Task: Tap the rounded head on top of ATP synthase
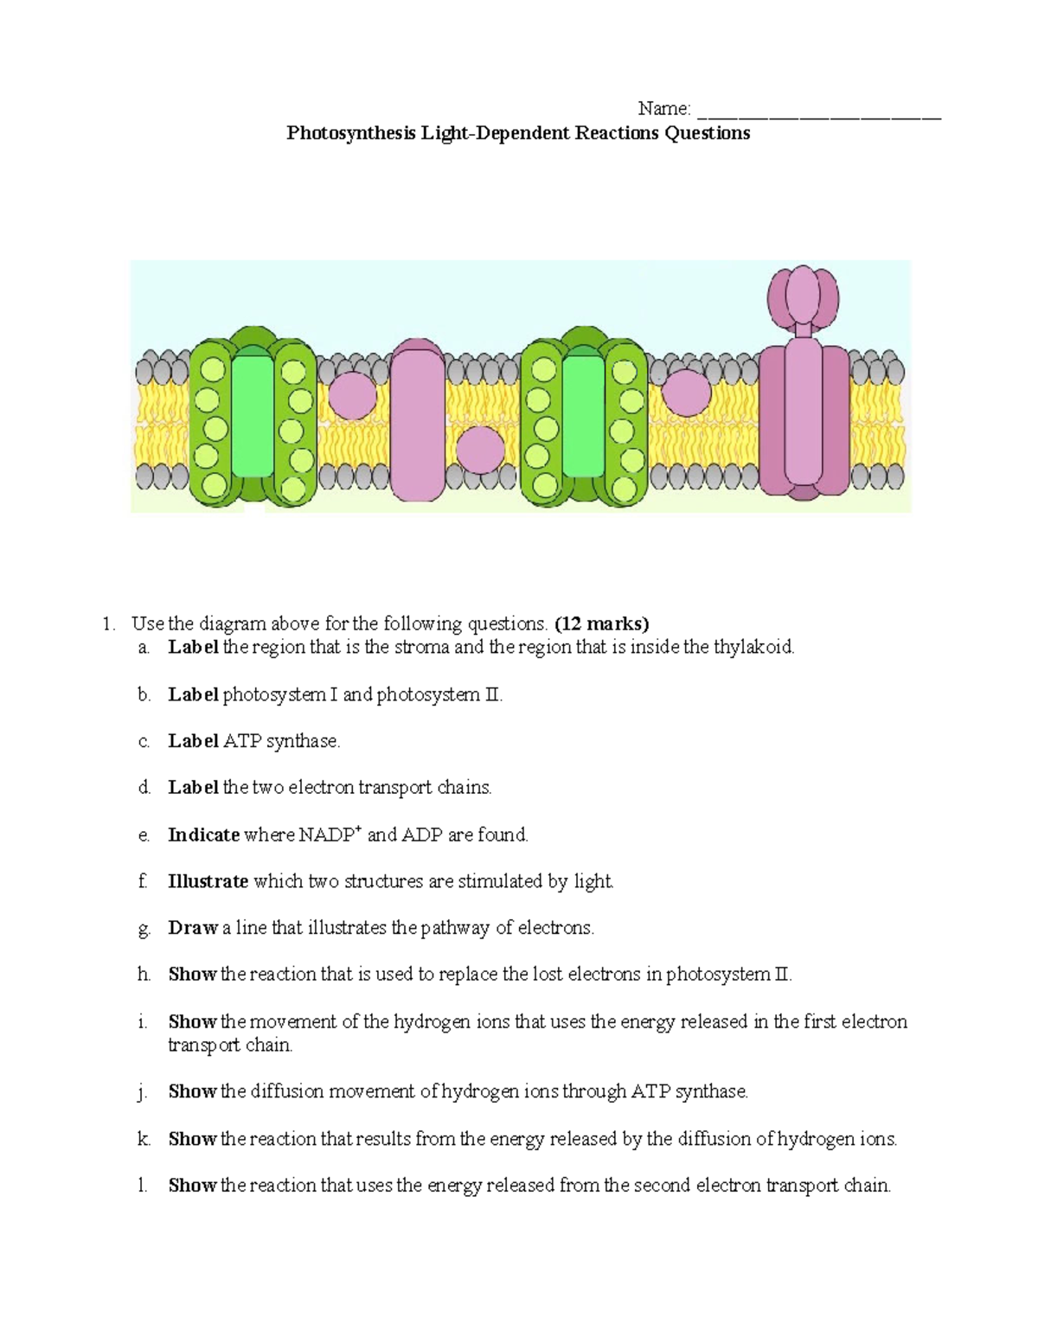click(804, 294)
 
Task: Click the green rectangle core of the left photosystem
click(253, 417)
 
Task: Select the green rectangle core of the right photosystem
click(584, 417)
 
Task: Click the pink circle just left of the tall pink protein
click(353, 396)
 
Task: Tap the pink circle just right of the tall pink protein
click(480, 451)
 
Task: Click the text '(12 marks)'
click(601, 624)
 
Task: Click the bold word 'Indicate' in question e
click(203, 835)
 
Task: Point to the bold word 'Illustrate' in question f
click(208, 882)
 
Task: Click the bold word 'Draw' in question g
click(193, 929)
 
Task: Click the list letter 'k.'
click(144, 1140)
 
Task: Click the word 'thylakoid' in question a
click(753, 647)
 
